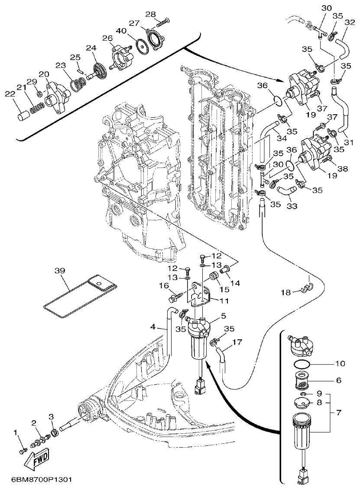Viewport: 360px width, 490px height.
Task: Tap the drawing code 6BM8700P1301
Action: (x=36, y=480)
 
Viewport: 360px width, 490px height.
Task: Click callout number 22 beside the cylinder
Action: (x=10, y=94)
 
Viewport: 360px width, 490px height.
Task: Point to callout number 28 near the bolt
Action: (x=150, y=14)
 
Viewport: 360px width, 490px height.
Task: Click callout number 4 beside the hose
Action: (x=152, y=326)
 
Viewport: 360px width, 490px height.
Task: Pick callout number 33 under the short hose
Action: (x=292, y=206)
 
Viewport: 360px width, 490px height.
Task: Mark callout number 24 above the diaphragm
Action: (x=91, y=48)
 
